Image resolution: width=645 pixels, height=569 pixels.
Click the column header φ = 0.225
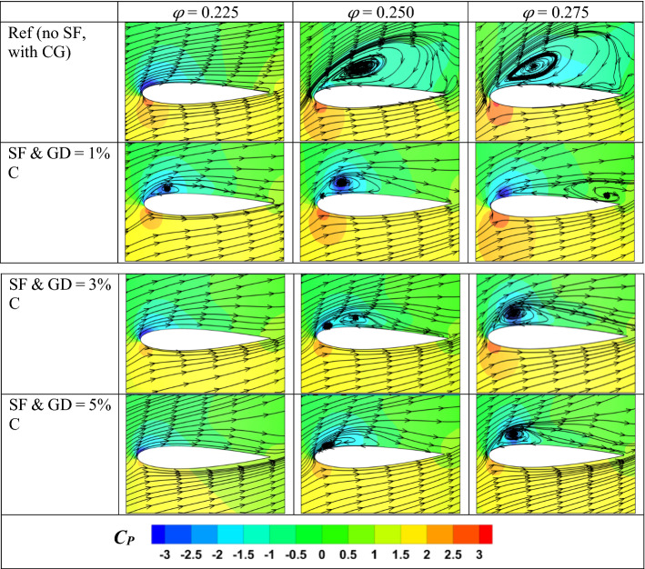(x=205, y=11)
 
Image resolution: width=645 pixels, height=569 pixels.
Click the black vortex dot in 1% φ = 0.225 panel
(x=167, y=187)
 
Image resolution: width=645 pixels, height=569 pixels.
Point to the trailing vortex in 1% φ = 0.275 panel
(x=609, y=194)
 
